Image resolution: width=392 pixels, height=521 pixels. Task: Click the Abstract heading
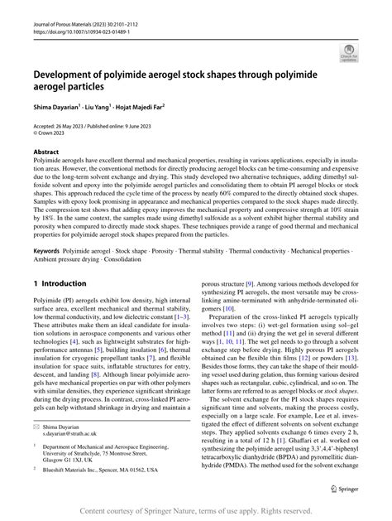click(45, 153)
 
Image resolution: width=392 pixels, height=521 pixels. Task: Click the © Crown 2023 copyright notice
click(52, 133)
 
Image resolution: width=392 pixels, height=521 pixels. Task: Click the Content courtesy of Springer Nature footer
click(196, 511)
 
